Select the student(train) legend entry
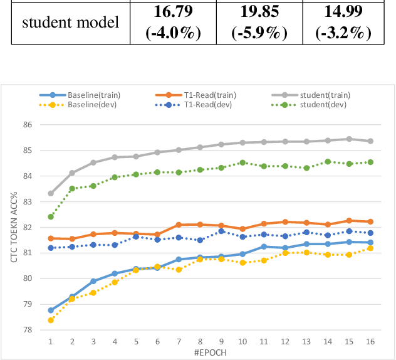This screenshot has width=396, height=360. pos(325,95)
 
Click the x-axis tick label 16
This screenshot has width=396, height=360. pos(370,341)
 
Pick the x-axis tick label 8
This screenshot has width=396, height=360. pos(200,341)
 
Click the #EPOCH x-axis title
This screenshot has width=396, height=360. pos(211,352)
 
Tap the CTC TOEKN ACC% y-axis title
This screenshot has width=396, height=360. pos(13,227)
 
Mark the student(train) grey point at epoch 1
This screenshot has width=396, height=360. pos(51,193)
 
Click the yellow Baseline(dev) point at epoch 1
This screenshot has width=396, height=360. pos(51,320)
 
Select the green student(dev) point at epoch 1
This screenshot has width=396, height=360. pos(51,216)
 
